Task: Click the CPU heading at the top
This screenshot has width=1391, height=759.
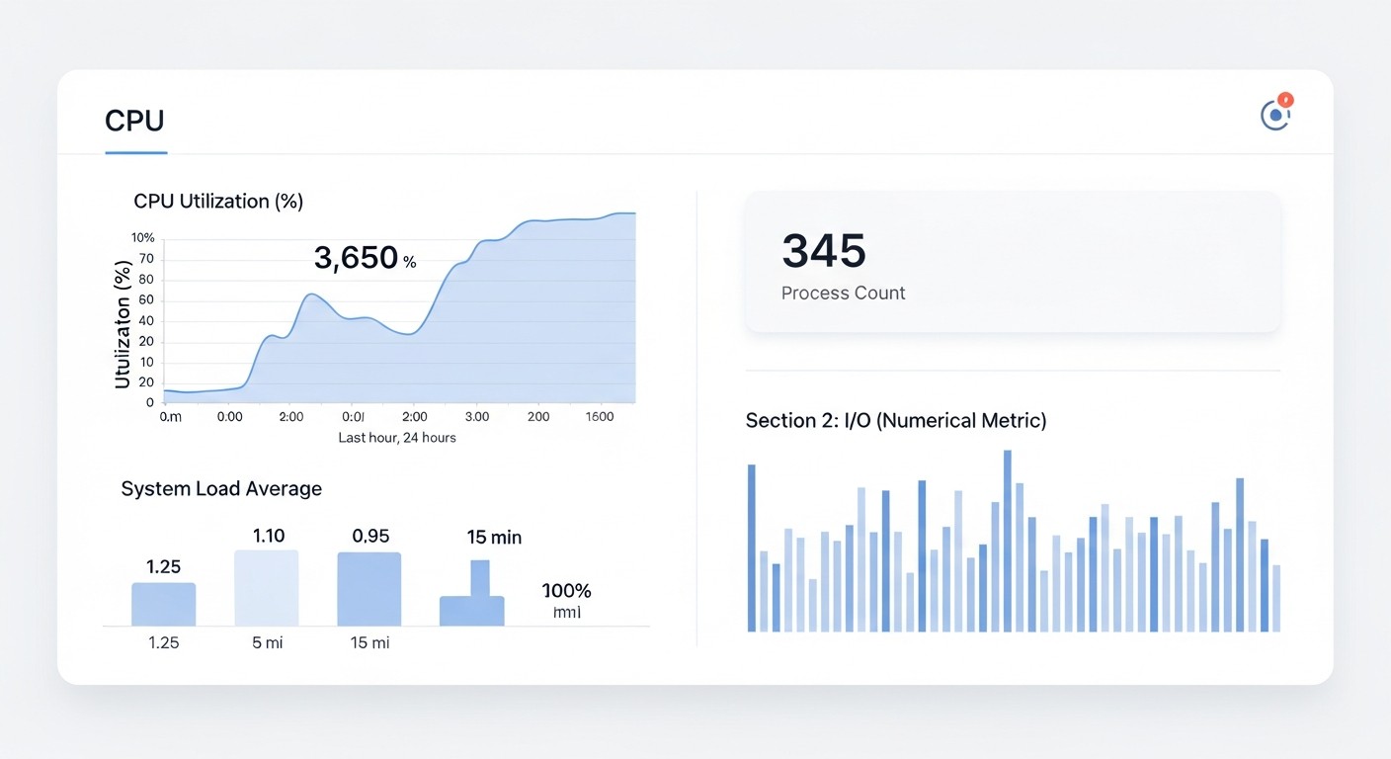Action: click(134, 121)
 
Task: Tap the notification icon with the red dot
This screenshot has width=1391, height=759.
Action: click(1275, 115)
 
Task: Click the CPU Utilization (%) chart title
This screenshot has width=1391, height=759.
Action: click(218, 202)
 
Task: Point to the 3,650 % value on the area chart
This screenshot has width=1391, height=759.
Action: click(365, 259)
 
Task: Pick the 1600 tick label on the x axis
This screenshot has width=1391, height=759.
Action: click(599, 417)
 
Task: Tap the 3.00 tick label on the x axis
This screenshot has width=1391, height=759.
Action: click(477, 417)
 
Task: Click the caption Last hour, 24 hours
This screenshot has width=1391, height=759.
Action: click(397, 437)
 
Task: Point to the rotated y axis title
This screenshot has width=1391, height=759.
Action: click(123, 324)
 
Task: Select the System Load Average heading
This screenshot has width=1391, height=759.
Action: click(221, 489)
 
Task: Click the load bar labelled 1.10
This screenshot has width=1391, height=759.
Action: click(266, 588)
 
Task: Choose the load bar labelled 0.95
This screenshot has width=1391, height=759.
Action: click(369, 589)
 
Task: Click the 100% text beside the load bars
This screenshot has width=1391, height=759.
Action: click(567, 591)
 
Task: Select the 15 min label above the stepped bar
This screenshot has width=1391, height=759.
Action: click(494, 538)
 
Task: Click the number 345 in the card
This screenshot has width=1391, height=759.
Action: click(824, 251)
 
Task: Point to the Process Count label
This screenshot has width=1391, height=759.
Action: click(843, 294)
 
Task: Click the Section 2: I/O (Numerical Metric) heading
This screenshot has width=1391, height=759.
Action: click(895, 421)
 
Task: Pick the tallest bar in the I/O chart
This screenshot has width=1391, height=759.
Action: click(1008, 541)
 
